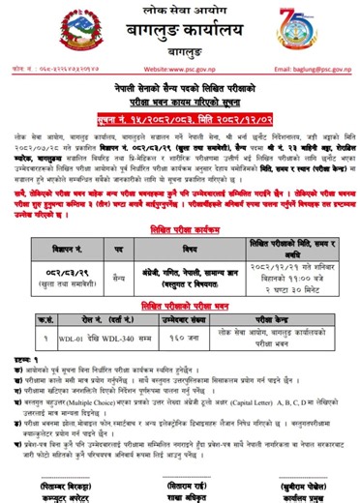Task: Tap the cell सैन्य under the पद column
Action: (x=117, y=249)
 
